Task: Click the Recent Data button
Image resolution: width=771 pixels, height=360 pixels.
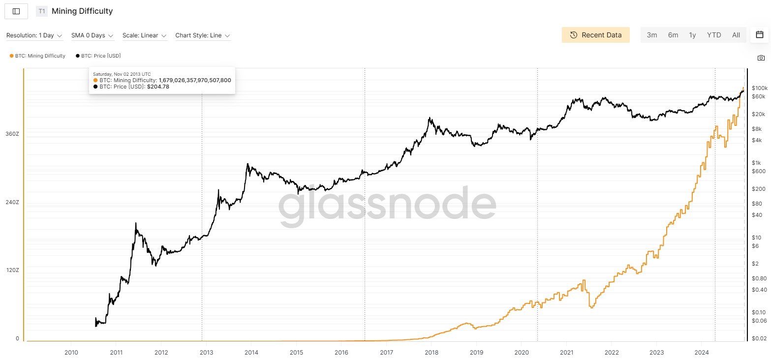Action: (x=595, y=35)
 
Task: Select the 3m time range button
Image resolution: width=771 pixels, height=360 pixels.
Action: (x=651, y=35)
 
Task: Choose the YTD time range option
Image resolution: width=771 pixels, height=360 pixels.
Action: (x=713, y=35)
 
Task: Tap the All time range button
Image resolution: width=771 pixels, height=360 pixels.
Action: (x=736, y=35)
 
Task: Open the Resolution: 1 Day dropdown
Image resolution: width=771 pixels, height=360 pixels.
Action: (x=34, y=35)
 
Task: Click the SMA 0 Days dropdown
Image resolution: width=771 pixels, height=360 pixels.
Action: (x=92, y=35)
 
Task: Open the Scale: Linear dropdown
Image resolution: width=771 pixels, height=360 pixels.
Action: (x=144, y=35)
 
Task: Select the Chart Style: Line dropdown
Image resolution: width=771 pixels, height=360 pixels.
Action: (x=202, y=35)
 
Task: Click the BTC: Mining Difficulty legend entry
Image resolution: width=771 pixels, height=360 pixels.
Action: (x=37, y=56)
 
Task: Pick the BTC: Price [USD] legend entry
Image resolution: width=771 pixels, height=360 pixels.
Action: (x=98, y=56)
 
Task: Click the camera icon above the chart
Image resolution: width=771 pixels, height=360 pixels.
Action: (x=761, y=58)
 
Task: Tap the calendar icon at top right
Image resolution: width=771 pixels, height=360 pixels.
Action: (x=759, y=34)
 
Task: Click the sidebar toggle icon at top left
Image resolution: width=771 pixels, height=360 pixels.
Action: (x=16, y=11)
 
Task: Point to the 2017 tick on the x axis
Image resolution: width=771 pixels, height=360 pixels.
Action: (x=386, y=352)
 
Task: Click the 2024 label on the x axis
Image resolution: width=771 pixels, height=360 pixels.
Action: (x=702, y=352)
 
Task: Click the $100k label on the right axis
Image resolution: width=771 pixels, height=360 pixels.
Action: (x=759, y=88)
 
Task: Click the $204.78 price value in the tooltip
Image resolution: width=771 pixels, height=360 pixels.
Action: (x=158, y=87)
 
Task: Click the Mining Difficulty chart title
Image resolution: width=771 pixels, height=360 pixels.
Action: (x=82, y=11)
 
